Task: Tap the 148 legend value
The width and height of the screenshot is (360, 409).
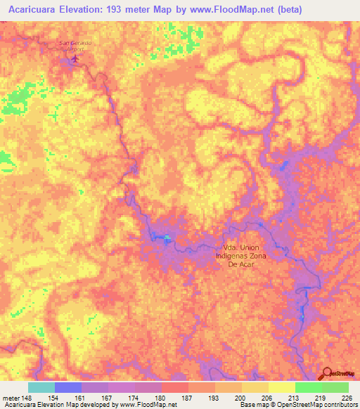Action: pyautogui.click(x=27, y=398)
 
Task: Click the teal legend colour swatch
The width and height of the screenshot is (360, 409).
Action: pyautogui.click(x=41, y=387)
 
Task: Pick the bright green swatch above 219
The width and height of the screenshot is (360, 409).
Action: pyautogui.click(x=308, y=387)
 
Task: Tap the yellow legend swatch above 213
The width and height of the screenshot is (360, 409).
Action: pyautogui.click(x=281, y=387)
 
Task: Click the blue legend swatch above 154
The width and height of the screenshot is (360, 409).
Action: pyautogui.click(x=67, y=387)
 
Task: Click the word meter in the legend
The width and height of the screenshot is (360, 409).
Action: pyautogui.click(x=11, y=398)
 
